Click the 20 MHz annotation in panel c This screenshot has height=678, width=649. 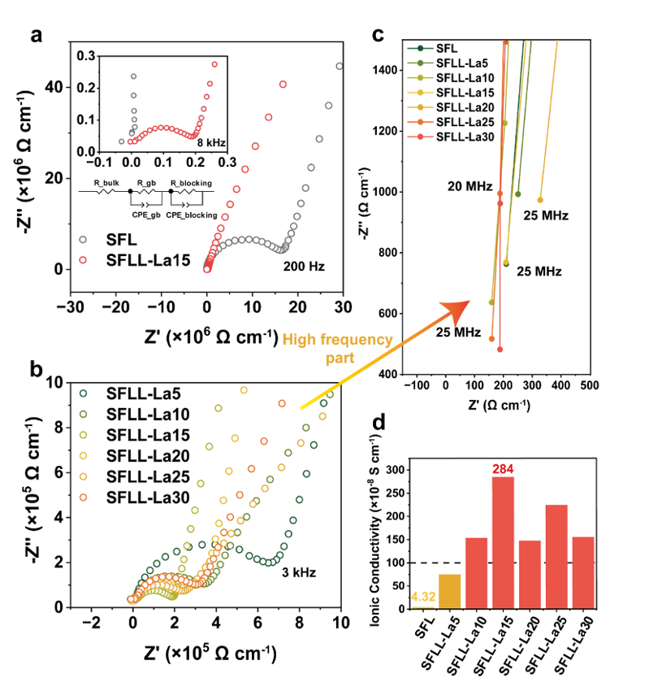click(x=469, y=187)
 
